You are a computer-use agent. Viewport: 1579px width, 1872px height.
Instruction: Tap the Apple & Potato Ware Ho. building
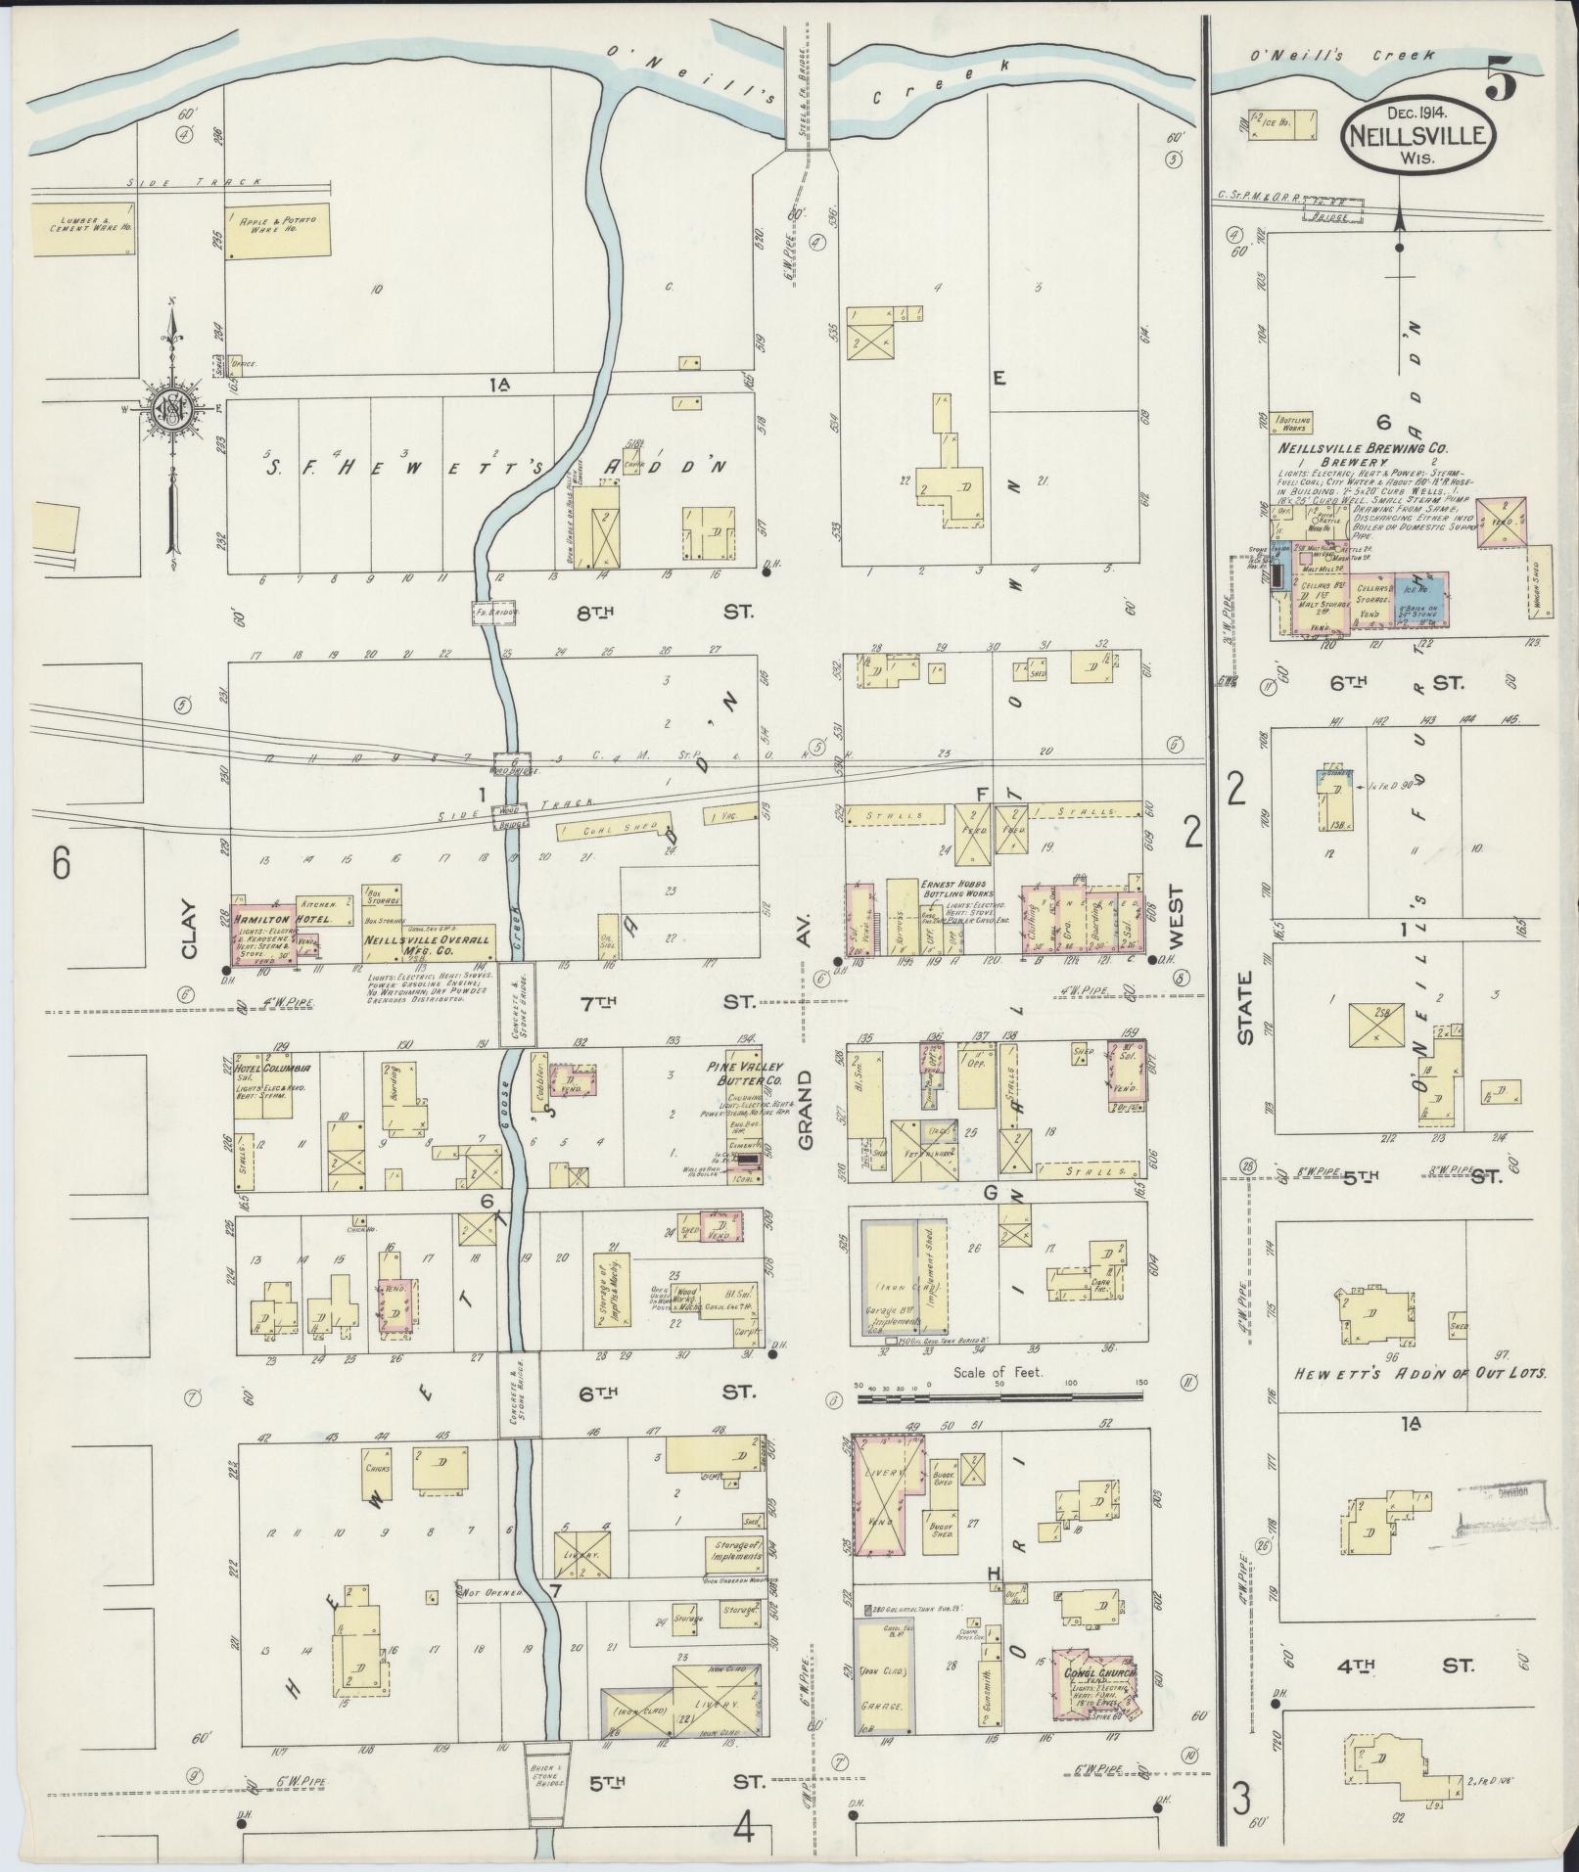[273, 231]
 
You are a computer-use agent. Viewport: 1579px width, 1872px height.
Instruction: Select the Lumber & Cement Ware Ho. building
[82, 229]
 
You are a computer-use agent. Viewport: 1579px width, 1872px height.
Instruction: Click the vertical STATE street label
[1245, 1009]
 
